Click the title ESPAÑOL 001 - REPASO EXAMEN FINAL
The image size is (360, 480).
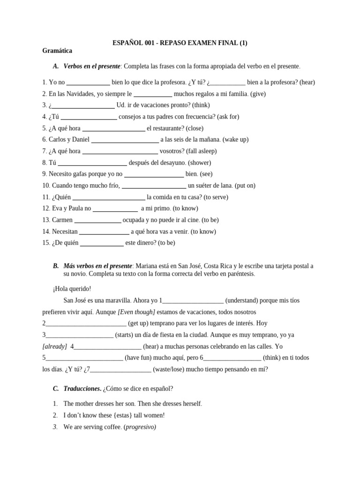(x=180, y=43)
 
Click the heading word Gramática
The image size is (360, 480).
(x=57, y=51)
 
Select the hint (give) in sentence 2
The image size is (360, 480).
(x=258, y=94)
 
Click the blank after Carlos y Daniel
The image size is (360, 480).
(x=125, y=140)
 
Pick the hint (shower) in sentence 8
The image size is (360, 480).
(x=199, y=163)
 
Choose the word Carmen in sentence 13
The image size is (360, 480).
(x=62, y=220)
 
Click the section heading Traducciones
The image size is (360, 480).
(x=82, y=389)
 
